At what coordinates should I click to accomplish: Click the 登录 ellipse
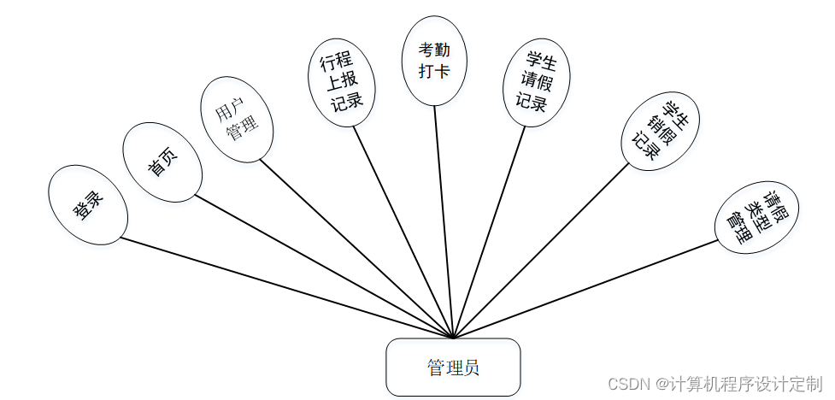[88, 204]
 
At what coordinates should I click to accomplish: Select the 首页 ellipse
[162, 162]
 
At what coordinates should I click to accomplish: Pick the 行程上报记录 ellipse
[341, 82]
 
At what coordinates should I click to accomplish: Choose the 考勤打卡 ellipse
[434, 61]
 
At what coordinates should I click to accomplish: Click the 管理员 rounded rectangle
[453, 368]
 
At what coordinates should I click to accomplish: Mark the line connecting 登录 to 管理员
[286, 287]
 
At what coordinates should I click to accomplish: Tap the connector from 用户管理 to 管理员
[356, 249]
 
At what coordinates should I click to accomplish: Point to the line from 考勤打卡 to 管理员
[444, 221]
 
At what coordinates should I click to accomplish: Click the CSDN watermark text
[714, 384]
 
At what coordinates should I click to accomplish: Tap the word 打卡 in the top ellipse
[434, 71]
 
